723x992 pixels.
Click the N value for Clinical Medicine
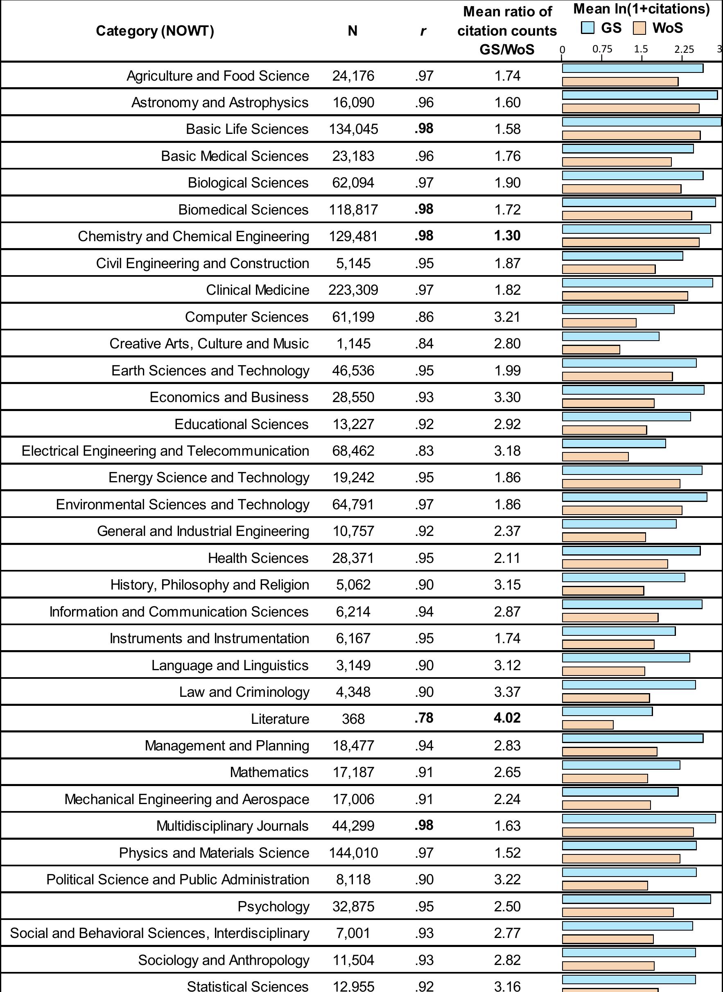coord(353,290)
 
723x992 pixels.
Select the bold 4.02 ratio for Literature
coord(507,718)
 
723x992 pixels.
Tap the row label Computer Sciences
coord(246,317)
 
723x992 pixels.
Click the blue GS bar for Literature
coord(607,712)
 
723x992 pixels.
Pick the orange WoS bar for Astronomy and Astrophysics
coord(630,108)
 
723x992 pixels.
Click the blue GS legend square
coord(587,28)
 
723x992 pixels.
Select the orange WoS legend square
coord(639,28)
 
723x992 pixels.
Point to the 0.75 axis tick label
coord(602,49)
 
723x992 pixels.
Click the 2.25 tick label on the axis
coord(684,49)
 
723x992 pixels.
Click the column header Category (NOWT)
coord(155,31)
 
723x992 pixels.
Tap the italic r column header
coord(423,31)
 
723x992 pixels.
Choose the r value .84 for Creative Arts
coord(424,343)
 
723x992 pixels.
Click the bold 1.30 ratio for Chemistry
coord(507,236)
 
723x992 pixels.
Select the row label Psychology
coord(273,906)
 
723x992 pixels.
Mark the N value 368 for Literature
coord(353,719)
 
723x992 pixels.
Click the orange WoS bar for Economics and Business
coord(608,403)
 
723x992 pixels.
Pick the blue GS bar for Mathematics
coord(621,765)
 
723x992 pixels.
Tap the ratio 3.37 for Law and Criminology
coord(507,692)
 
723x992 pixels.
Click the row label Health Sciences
coord(258,558)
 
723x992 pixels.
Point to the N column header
coord(352,31)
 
